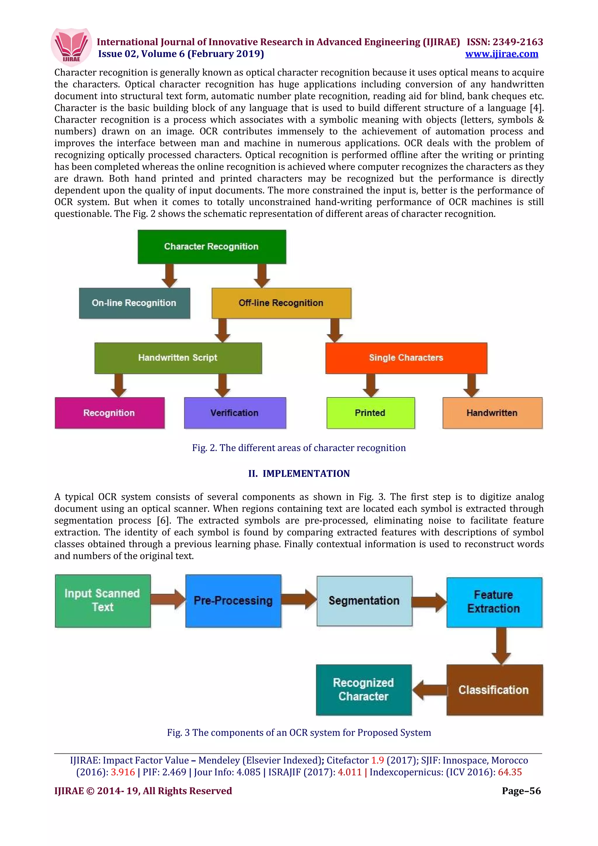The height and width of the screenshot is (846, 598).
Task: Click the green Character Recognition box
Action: click(211, 246)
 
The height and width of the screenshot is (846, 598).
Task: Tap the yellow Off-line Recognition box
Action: click(281, 303)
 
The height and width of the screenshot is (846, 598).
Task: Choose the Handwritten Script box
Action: click(178, 358)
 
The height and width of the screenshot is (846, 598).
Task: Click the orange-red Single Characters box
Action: click(406, 358)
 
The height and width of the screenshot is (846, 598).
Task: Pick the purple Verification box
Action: click(235, 413)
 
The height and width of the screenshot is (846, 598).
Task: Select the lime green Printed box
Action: click(370, 413)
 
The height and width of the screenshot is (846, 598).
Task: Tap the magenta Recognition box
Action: click(109, 413)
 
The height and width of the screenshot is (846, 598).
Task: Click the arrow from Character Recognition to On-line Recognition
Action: click(169, 276)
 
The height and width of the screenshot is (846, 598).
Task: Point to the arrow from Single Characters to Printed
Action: click(371, 385)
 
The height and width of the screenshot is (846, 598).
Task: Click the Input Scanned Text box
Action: click(103, 600)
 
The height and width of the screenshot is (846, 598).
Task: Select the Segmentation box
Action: click(364, 600)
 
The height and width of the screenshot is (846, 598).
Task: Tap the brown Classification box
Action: click(494, 690)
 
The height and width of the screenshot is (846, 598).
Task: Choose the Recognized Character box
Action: click(364, 690)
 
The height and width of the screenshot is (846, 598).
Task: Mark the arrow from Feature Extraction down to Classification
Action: click(501, 645)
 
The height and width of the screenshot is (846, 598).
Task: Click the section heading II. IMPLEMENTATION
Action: click(299, 474)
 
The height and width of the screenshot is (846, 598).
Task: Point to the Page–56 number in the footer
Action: click(521, 791)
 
